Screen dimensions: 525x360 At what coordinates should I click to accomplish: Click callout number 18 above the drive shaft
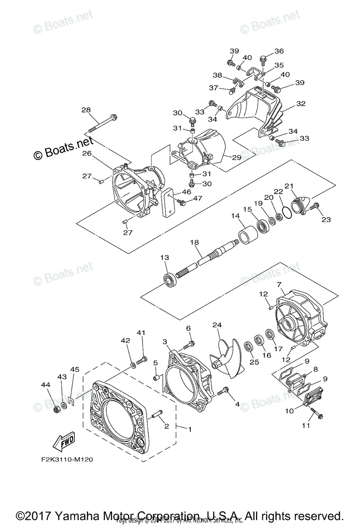(194, 242)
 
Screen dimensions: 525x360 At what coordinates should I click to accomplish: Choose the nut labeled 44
(56, 409)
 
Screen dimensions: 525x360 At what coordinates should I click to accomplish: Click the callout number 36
(279, 51)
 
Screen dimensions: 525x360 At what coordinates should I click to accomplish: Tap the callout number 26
(86, 153)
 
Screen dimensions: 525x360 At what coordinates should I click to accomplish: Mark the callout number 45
(75, 370)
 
